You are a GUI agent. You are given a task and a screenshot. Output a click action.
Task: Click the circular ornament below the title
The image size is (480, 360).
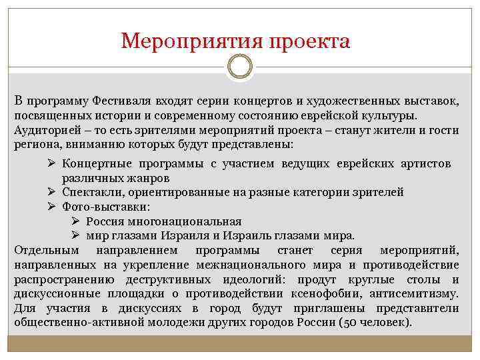click(x=240, y=67)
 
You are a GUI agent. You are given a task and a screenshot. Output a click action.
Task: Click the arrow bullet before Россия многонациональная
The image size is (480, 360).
click(x=76, y=221)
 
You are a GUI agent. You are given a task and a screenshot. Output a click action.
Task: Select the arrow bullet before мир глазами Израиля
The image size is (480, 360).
click(x=76, y=235)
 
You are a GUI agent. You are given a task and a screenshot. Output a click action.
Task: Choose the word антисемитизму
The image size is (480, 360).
click(x=418, y=294)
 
